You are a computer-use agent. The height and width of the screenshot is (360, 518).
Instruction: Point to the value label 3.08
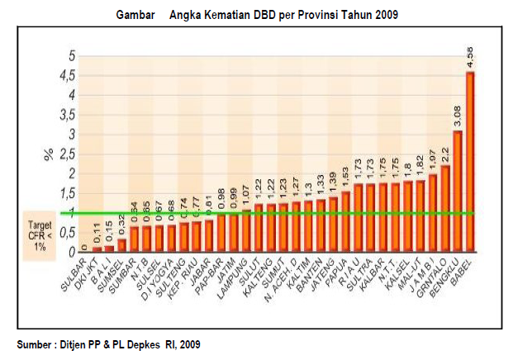(457, 116)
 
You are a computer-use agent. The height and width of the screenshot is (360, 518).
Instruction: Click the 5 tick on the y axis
(72, 56)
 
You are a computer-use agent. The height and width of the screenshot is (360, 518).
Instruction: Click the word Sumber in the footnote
(35, 343)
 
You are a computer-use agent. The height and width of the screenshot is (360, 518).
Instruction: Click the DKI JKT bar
(97, 248)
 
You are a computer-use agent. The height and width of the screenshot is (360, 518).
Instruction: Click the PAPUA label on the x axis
(340, 268)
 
